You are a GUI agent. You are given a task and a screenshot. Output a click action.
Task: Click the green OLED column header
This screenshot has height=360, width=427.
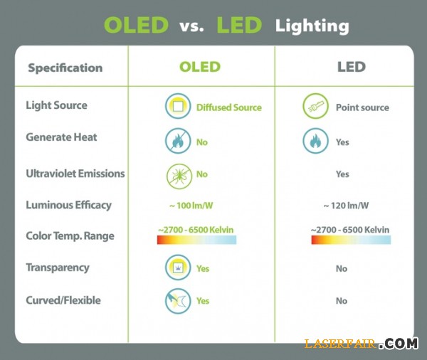click(200, 68)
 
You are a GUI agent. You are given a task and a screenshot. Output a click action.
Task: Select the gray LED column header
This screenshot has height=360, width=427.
click(351, 68)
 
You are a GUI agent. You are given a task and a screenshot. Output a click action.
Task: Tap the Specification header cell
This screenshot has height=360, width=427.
click(65, 68)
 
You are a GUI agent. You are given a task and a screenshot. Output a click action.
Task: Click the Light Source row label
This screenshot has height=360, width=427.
click(56, 105)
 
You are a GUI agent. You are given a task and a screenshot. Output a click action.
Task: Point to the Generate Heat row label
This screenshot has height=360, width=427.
click(61, 137)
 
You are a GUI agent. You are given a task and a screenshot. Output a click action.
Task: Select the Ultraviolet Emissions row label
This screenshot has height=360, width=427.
click(75, 174)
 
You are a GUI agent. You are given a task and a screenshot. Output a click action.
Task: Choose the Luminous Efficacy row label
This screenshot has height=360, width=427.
click(68, 205)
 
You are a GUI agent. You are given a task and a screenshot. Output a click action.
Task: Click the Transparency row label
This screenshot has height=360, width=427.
click(58, 268)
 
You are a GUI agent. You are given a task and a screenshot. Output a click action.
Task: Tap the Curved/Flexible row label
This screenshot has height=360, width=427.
click(63, 300)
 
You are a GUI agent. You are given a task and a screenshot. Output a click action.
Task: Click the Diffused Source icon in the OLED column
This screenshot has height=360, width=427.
click(178, 107)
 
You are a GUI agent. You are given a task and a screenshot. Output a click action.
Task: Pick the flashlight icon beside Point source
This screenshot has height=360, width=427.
click(315, 107)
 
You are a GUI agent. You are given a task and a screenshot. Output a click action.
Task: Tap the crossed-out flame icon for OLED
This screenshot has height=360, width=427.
click(178, 141)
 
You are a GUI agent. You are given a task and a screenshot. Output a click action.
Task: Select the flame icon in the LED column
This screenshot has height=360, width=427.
click(315, 141)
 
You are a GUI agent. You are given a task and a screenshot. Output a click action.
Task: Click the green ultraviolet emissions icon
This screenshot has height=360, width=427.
click(178, 174)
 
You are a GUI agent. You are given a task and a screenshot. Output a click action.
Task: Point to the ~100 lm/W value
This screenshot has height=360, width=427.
click(191, 206)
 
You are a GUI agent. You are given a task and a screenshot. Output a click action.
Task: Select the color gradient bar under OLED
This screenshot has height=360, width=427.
click(196, 240)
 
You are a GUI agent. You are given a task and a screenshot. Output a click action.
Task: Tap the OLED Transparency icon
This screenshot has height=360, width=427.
click(178, 268)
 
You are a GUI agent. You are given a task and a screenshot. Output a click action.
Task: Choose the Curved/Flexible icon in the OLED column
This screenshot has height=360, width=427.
click(178, 301)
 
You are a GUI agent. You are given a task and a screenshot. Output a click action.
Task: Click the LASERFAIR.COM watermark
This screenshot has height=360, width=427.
click(360, 344)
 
